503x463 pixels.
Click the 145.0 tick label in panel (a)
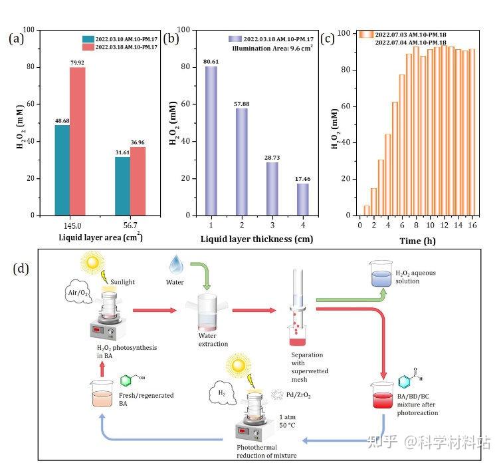point(70,226)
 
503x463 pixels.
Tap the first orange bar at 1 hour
point(366,210)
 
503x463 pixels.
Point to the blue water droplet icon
point(176,265)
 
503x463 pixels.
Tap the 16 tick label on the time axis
point(472,226)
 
